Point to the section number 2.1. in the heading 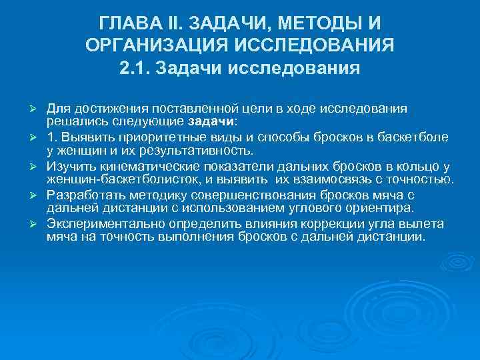137,68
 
